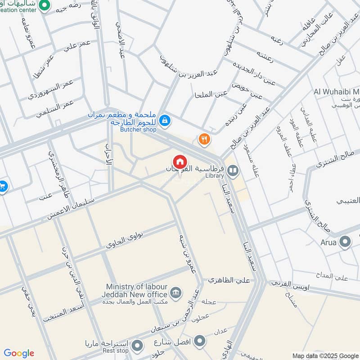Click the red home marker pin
[x=180, y=162]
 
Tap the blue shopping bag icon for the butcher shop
[x=165, y=120]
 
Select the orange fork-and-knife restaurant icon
[x=205, y=139]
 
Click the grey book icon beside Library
[x=233, y=171]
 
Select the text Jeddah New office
[x=135, y=294]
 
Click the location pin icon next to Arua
[x=345, y=242]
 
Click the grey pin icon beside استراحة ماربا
[x=138, y=346]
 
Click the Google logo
[x=19, y=353]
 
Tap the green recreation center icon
[x=44, y=6]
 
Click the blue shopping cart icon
[x=2, y=185]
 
